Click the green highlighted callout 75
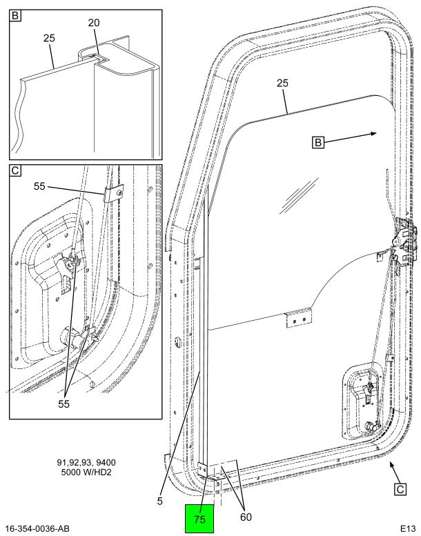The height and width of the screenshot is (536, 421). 199,519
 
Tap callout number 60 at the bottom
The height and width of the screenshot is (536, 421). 246,517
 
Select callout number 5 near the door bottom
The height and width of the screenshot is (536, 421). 160,501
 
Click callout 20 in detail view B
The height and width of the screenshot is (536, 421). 94,23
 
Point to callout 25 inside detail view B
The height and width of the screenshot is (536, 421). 49,38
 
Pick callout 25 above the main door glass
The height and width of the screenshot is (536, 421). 282,83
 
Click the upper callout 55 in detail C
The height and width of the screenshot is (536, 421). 39,187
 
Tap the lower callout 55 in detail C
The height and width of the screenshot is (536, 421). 63,404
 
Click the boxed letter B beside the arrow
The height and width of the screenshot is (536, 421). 318,142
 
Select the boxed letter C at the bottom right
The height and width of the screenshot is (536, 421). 400,489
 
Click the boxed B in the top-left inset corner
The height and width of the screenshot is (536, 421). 15,15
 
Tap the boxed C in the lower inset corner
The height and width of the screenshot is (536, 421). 15,170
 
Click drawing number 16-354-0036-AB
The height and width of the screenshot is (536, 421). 37,528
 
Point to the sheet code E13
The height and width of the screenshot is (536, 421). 408,528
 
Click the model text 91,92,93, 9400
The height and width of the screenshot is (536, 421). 86,462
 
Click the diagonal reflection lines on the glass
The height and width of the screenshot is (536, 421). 298,196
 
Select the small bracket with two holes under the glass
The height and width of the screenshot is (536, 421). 300,318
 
